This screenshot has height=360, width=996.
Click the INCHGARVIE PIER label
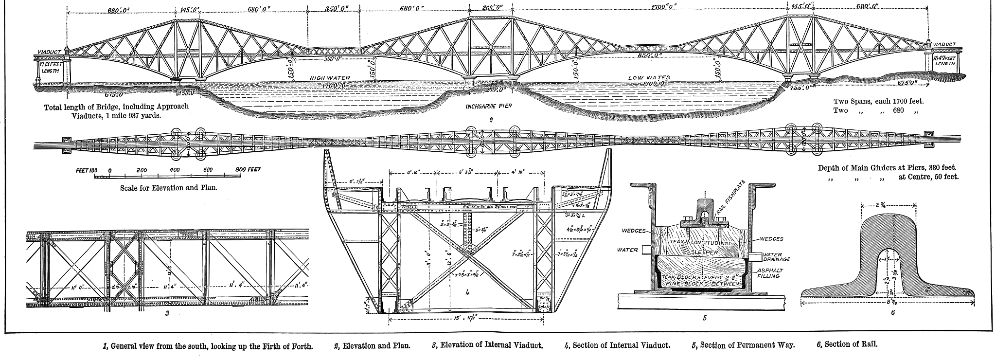(489, 105)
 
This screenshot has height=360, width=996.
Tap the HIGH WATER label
(330, 78)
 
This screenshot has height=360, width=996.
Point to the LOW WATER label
(649, 78)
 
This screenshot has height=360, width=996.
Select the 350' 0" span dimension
(333, 8)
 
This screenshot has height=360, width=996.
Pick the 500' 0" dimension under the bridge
(333, 60)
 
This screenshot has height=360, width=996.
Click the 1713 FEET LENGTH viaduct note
(49, 64)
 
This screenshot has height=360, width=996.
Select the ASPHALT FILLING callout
(766, 273)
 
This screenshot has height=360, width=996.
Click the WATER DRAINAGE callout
(775, 256)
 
